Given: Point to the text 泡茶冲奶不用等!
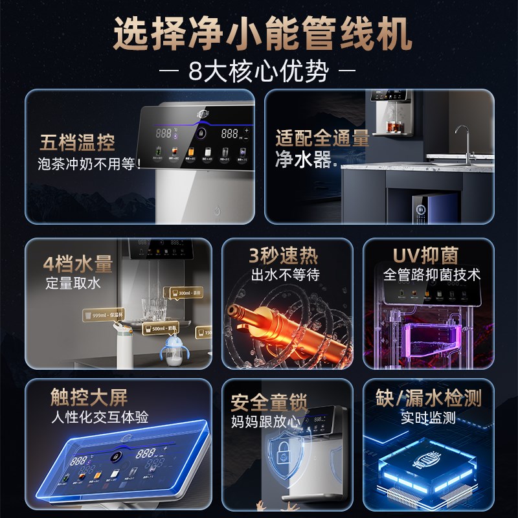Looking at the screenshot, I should (89, 163).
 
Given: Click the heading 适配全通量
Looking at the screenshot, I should (322, 139).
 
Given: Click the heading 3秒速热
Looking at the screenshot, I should (284, 254).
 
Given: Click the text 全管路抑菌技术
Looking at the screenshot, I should (432, 275).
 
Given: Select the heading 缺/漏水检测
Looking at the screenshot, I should (429, 396).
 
